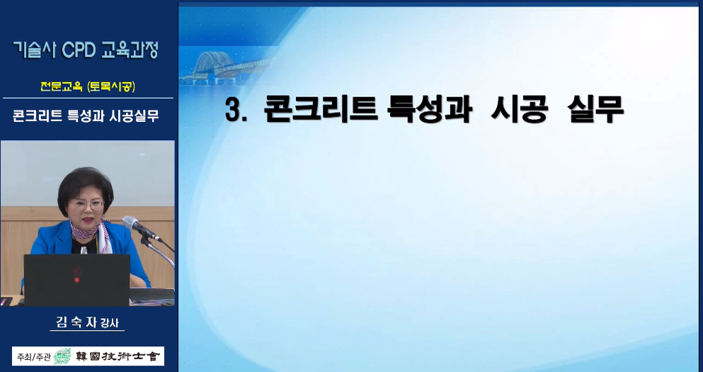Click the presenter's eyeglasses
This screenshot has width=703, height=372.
click(x=86, y=204)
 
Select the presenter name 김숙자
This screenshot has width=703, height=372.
click(x=76, y=322)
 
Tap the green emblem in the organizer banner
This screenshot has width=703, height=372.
click(x=63, y=356)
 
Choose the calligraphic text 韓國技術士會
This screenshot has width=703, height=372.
click(x=117, y=356)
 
